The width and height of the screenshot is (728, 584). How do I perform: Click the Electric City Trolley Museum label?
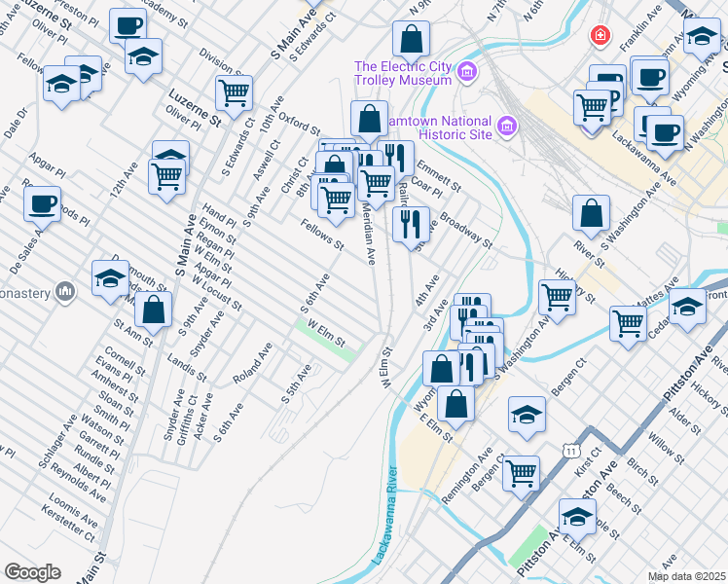pos(403,72)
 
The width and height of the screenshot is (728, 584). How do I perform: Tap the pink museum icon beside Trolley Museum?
pos(467,71)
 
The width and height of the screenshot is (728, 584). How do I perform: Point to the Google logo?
pos(32,572)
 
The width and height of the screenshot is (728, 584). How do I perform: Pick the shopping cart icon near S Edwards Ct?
pos(234,92)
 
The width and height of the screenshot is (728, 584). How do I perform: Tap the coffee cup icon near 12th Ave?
pos(42,203)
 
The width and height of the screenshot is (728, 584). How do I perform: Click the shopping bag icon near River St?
pos(591,212)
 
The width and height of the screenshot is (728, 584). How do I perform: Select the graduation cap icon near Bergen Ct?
pos(527,413)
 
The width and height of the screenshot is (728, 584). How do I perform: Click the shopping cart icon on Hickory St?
pos(557,296)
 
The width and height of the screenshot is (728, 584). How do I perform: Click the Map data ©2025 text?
pos(684,576)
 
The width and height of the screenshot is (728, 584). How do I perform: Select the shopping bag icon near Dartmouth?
pos(154,309)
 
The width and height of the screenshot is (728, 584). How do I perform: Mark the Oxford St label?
pos(299,123)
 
